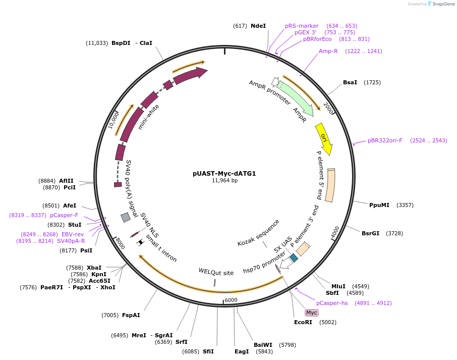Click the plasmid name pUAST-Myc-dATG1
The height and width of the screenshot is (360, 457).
pos(224,173)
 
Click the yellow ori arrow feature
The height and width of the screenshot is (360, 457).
pos(324,139)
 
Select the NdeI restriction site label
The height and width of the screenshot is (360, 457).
pos(258,26)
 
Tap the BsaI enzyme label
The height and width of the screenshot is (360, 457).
pos(350,82)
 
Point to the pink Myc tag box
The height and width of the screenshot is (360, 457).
pos(312,313)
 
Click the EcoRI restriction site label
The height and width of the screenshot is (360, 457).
pos(304,322)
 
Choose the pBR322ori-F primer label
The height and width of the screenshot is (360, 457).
pos(385,140)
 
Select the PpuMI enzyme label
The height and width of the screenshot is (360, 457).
pos(379,205)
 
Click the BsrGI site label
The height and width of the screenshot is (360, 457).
pos(370,233)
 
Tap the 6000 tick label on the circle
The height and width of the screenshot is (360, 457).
pos(231,300)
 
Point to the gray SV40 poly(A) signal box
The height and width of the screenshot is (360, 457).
pos(126,217)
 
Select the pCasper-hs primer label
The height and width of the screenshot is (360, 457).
pos(332,303)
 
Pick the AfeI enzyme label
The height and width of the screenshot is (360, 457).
pos(70,205)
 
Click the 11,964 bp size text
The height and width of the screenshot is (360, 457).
pos(224,180)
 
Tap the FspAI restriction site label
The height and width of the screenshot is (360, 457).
pos(131,315)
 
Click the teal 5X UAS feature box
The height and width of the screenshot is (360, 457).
pos(294,258)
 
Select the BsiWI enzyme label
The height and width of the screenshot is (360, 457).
pos(263,345)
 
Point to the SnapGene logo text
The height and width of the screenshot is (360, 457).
pos(442,4)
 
